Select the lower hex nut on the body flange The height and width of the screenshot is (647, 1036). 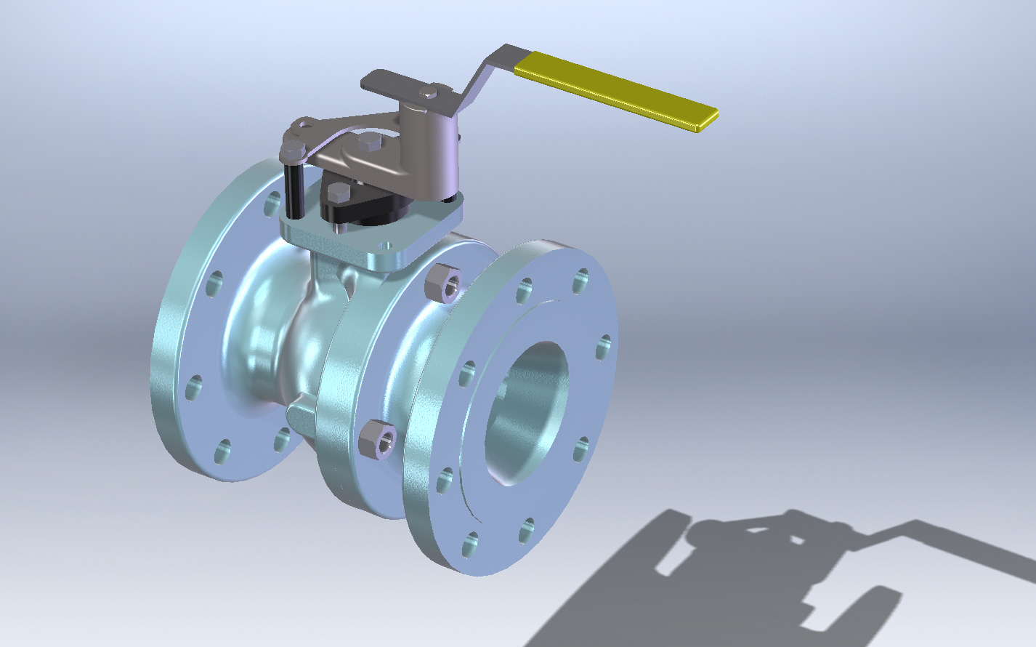(x=378, y=438)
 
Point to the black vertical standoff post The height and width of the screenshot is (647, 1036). (x=294, y=190)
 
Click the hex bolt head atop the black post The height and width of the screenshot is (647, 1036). (x=292, y=152)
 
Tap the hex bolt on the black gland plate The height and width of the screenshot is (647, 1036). (x=339, y=192)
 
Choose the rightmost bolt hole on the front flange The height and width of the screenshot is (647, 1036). (x=602, y=347)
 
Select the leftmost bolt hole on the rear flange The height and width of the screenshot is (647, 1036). (x=193, y=389)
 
